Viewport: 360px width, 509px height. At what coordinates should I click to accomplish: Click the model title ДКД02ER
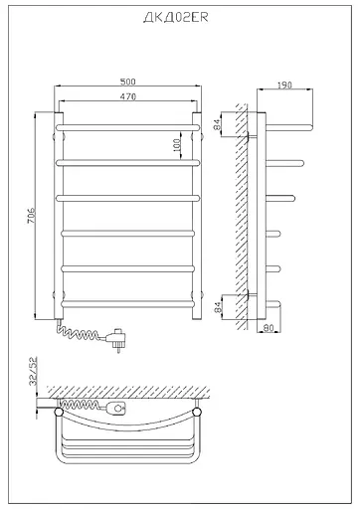coord(176,17)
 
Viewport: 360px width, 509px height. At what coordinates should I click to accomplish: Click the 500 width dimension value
coord(128,82)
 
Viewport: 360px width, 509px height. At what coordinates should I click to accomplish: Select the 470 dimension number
coord(128,96)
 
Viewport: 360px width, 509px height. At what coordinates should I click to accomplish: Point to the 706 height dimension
coord(31,216)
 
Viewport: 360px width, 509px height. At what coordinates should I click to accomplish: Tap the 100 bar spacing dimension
coord(177,145)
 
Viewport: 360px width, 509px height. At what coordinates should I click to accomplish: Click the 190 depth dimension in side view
coord(284,85)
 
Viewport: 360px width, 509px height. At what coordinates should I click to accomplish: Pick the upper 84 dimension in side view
coord(217,124)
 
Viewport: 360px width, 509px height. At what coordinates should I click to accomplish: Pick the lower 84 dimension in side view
coord(218,307)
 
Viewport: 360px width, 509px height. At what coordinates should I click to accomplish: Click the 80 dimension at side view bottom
coord(269,328)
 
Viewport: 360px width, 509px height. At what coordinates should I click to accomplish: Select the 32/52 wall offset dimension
coord(34,371)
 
